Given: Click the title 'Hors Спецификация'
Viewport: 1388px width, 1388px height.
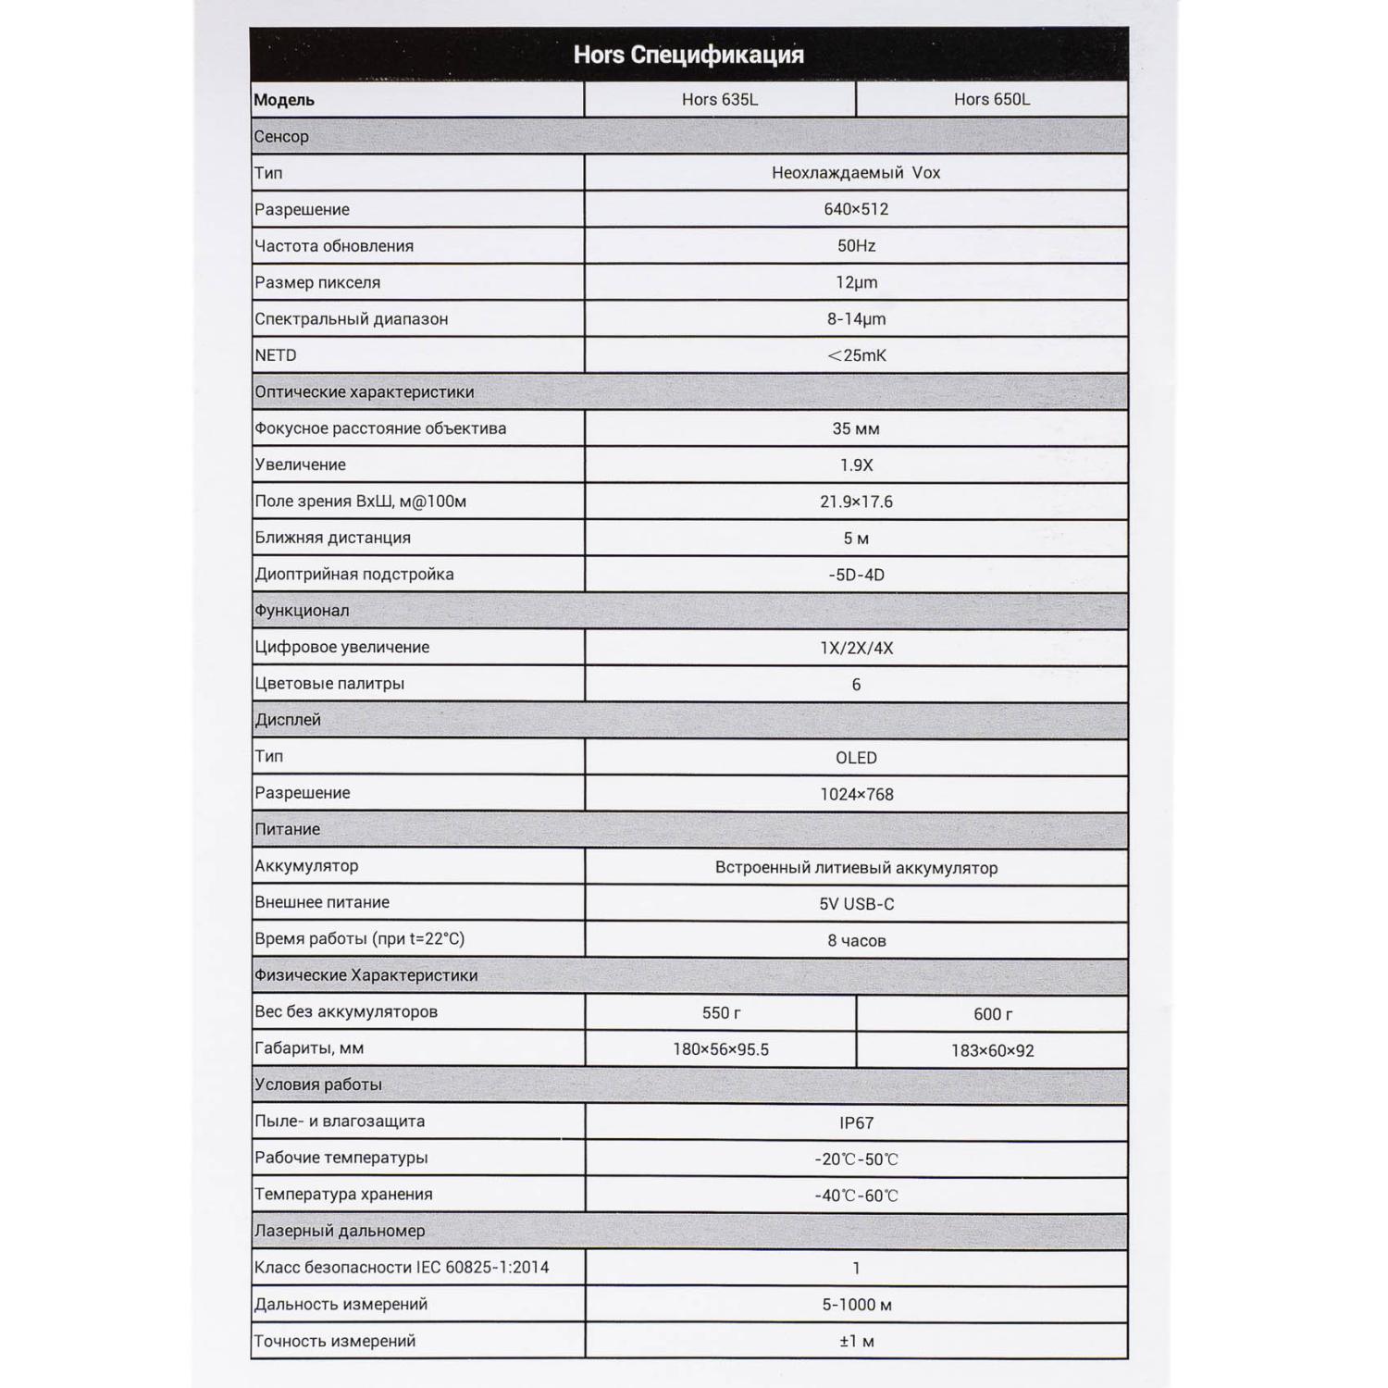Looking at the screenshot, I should (688, 55).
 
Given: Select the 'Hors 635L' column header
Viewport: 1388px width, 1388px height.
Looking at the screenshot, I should (719, 99).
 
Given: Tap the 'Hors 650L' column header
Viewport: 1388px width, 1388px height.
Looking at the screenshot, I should (991, 99).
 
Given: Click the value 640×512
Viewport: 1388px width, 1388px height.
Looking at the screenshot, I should (856, 209).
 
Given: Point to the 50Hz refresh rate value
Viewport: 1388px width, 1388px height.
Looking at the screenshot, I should (856, 246).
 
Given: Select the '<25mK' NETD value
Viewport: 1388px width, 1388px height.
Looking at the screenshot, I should (856, 355).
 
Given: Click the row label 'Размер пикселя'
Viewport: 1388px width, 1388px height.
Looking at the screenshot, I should (316, 282).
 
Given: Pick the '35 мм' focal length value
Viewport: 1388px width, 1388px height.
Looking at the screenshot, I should (856, 428).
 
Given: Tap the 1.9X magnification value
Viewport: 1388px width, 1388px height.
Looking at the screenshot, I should (856, 465).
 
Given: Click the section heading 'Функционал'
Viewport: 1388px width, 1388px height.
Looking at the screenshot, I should (302, 611).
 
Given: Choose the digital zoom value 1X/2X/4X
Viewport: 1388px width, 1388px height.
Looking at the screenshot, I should (856, 648).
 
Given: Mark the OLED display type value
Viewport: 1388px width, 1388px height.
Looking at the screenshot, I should (856, 758).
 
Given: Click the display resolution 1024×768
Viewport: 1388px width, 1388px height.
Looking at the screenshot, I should (856, 794).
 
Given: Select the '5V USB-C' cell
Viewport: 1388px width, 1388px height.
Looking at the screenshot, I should (856, 904).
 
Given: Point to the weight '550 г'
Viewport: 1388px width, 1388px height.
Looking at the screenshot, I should (721, 1013).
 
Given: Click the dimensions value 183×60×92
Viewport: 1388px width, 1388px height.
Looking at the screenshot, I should (992, 1050).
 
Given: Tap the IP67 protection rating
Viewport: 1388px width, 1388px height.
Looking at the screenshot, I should (856, 1122).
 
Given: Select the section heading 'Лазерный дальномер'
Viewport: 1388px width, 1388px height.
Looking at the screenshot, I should (340, 1231).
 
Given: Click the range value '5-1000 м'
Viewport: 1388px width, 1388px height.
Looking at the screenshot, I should (856, 1305).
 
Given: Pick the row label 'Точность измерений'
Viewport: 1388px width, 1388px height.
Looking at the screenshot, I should (335, 1341).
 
